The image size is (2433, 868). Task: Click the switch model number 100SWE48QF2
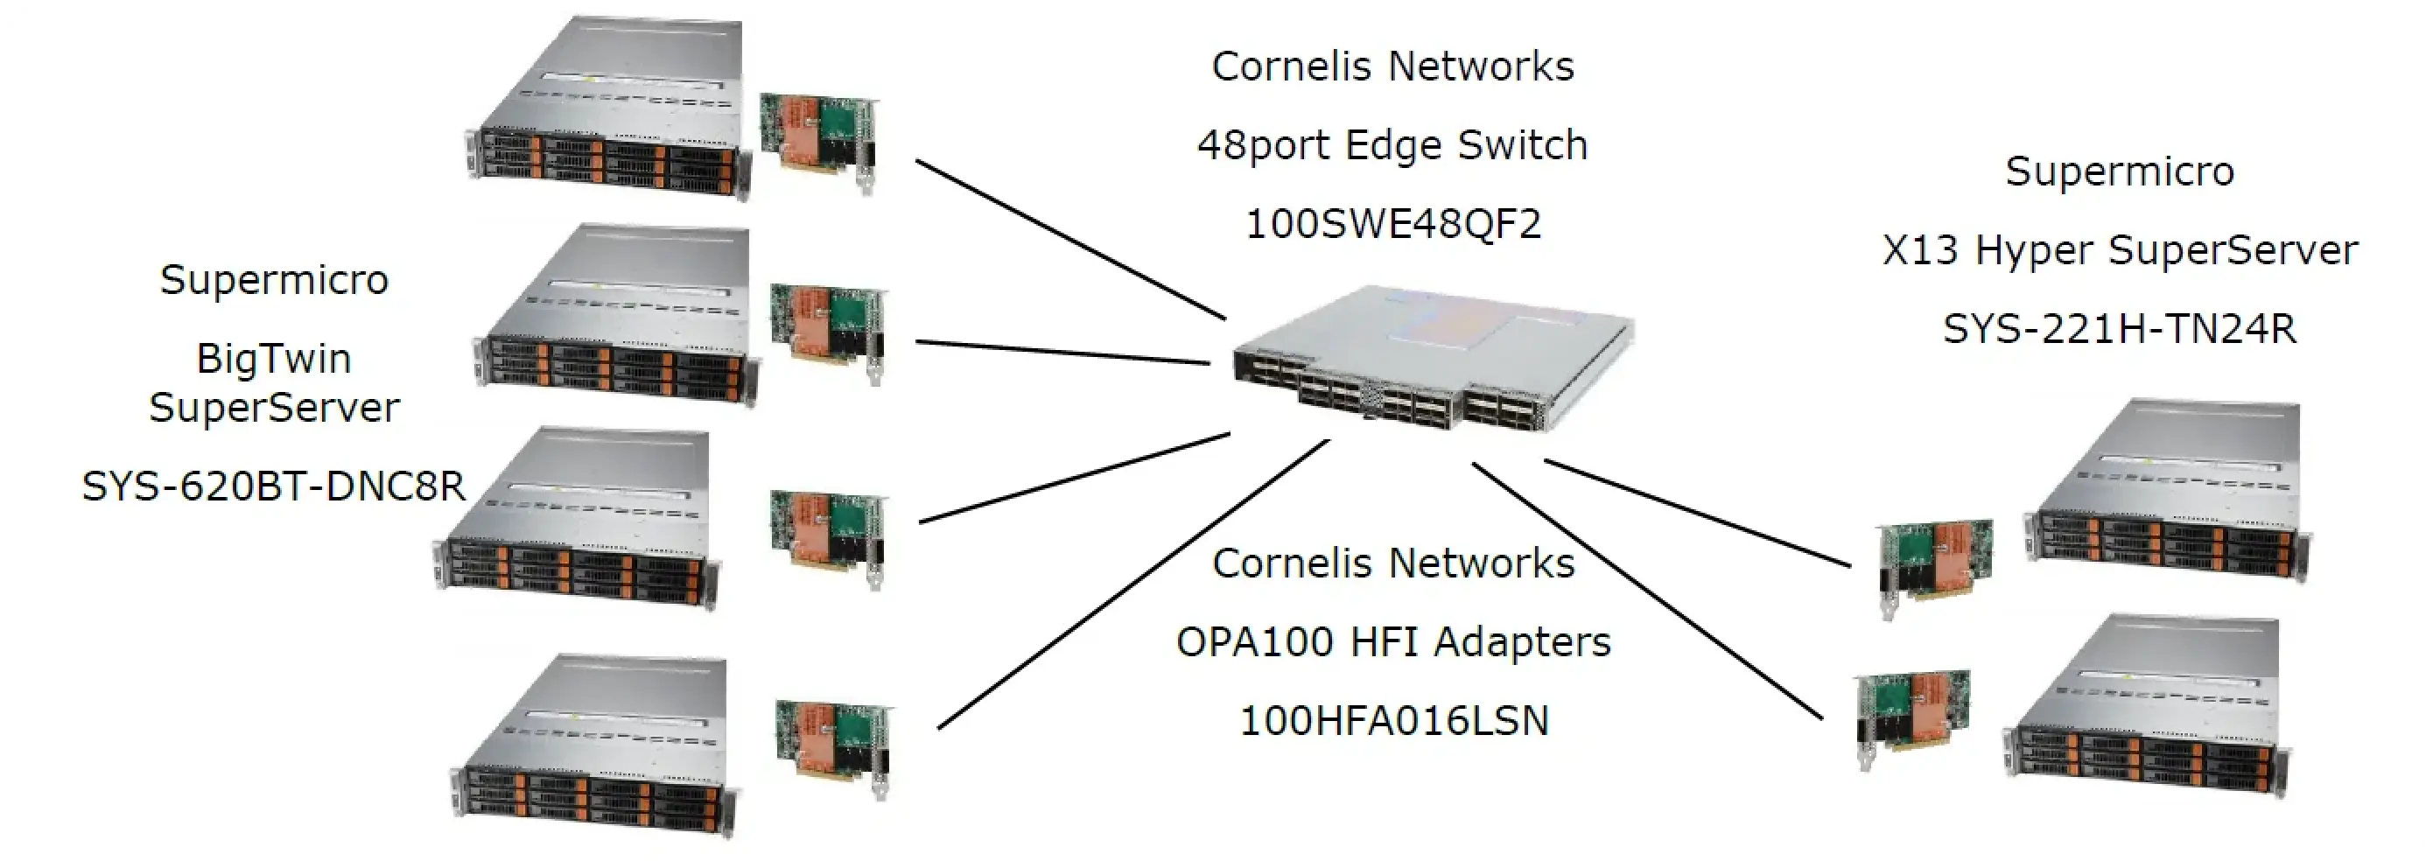click(1393, 224)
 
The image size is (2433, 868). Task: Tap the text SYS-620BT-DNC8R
click(274, 486)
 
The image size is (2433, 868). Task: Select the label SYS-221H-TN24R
click(2120, 329)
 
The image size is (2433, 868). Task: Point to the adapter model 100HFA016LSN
click(1393, 721)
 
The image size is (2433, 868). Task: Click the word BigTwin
click(274, 359)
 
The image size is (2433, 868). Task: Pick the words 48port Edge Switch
click(1393, 145)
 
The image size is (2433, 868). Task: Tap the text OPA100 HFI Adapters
click(1393, 642)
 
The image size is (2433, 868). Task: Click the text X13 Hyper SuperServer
click(2120, 250)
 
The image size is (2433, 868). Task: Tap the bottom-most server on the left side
click(595, 746)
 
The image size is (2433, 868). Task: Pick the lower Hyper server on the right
click(2144, 709)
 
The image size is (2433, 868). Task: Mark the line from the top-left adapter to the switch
click(1070, 239)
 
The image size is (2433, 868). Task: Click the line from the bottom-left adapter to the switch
click(1133, 584)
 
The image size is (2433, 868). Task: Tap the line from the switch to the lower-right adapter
click(1647, 591)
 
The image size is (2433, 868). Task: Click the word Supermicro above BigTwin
click(274, 280)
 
